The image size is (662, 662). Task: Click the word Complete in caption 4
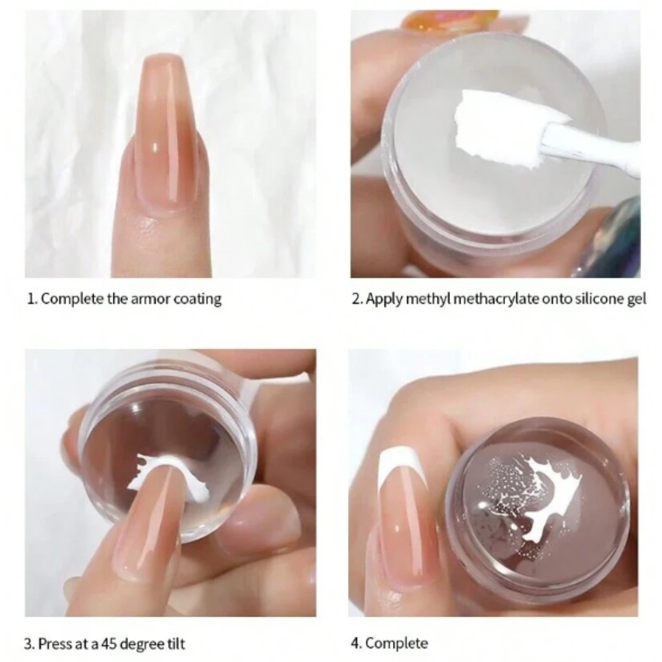coord(397,643)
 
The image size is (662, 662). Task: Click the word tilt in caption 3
coord(174,644)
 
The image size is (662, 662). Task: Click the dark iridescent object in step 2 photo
coord(613,239)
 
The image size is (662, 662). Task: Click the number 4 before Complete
coord(354,643)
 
